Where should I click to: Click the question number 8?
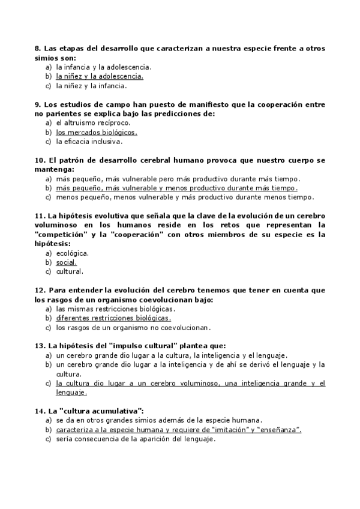click(x=37, y=49)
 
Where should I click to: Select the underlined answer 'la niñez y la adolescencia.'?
click(x=100, y=77)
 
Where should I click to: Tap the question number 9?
click(x=37, y=104)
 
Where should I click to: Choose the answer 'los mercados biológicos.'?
click(x=97, y=132)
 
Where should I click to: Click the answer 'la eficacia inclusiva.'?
click(x=89, y=142)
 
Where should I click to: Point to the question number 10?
click(x=40, y=160)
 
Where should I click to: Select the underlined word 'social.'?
click(x=67, y=262)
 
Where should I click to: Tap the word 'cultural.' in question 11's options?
click(x=70, y=272)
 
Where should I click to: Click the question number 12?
click(x=40, y=290)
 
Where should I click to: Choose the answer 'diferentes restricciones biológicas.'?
click(x=113, y=318)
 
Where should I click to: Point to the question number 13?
click(x=40, y=346)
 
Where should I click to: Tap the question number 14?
click(x=40, y=411)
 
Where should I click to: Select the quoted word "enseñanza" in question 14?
click(x=277, y=430)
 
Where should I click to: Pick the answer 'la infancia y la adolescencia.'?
click(x=104, y=67)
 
